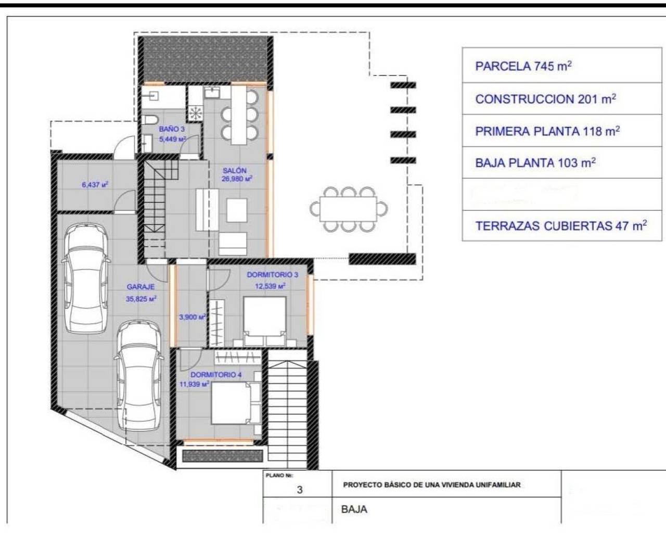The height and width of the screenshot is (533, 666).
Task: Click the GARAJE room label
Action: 140,287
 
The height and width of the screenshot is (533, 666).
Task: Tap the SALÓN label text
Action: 235,170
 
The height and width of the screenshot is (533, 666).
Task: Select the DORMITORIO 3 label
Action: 272,275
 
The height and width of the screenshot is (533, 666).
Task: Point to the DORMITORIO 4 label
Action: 216,375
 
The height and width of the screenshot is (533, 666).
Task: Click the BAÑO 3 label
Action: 172,129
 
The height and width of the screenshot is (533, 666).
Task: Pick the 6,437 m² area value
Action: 95,185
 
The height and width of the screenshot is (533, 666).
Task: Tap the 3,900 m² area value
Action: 193,317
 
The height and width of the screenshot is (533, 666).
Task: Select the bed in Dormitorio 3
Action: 265,321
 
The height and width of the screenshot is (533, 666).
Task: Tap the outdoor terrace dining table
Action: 349,209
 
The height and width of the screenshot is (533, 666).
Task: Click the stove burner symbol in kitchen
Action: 195,112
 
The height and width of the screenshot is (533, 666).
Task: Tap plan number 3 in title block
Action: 299,490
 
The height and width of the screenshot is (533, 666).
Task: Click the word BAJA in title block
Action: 354,509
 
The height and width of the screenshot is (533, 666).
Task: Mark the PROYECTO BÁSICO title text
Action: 432,485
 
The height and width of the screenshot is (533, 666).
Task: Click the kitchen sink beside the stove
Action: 212,92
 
